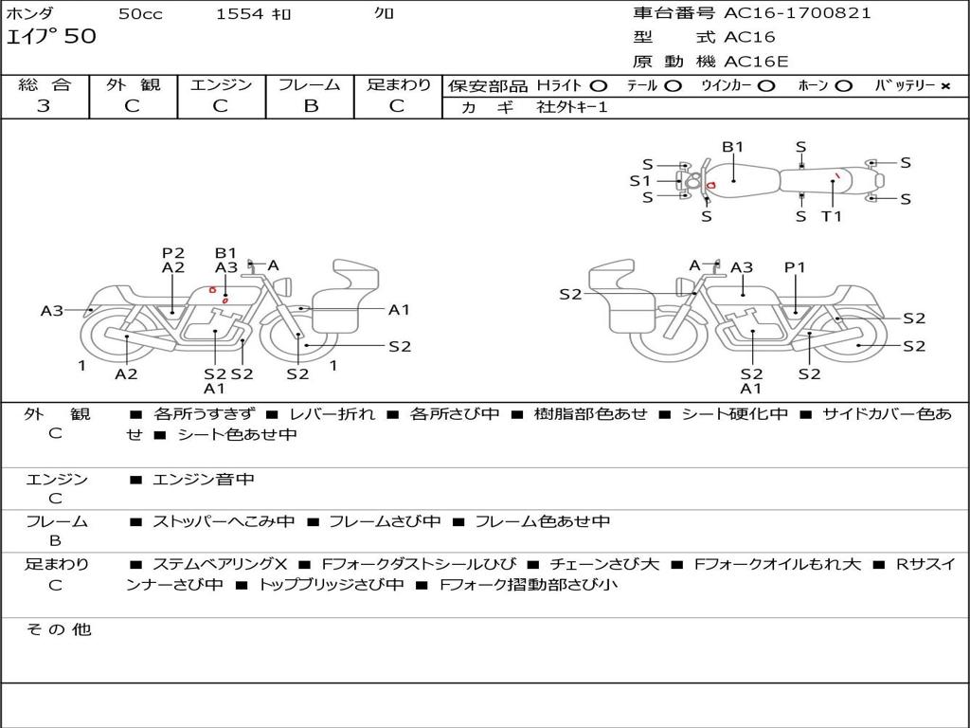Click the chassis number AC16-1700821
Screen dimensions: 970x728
(x=798, y=13)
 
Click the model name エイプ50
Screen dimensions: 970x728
(x=51, y=37)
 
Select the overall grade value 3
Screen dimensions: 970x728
(x=44, y=106)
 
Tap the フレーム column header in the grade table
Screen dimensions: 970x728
(x=310, y=84)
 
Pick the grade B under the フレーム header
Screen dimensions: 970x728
(x=310, y=106)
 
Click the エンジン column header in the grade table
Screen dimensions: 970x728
(x=221, y=84)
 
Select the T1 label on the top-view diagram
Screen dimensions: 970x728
(x=831, y=216)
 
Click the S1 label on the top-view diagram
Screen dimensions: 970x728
(x=640, y=180)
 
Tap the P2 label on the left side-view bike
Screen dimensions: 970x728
(x=172, y=253)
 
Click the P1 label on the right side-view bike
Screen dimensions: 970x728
(x=795, y=267)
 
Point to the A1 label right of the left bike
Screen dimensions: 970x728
(x=399, y=309)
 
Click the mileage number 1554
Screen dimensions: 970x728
(x=240, y=13)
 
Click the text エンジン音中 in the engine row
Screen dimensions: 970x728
(x=204, y=480)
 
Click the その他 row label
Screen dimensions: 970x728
(x=58, y=629)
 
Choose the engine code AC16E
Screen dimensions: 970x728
(x=756, y=62)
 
